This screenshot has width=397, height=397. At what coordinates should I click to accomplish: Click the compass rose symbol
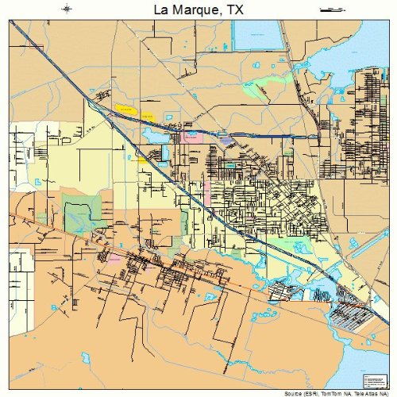click(x=67, y=9)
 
